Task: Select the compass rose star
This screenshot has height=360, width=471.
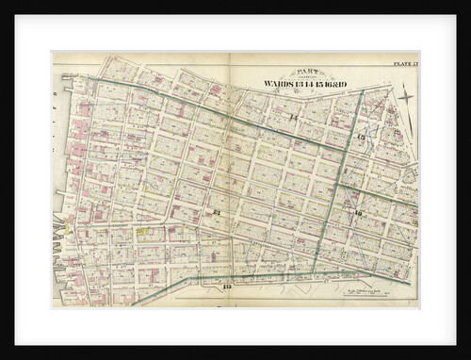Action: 405,96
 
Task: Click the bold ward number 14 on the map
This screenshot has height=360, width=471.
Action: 294,117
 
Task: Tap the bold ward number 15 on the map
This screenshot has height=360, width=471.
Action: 362,139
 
